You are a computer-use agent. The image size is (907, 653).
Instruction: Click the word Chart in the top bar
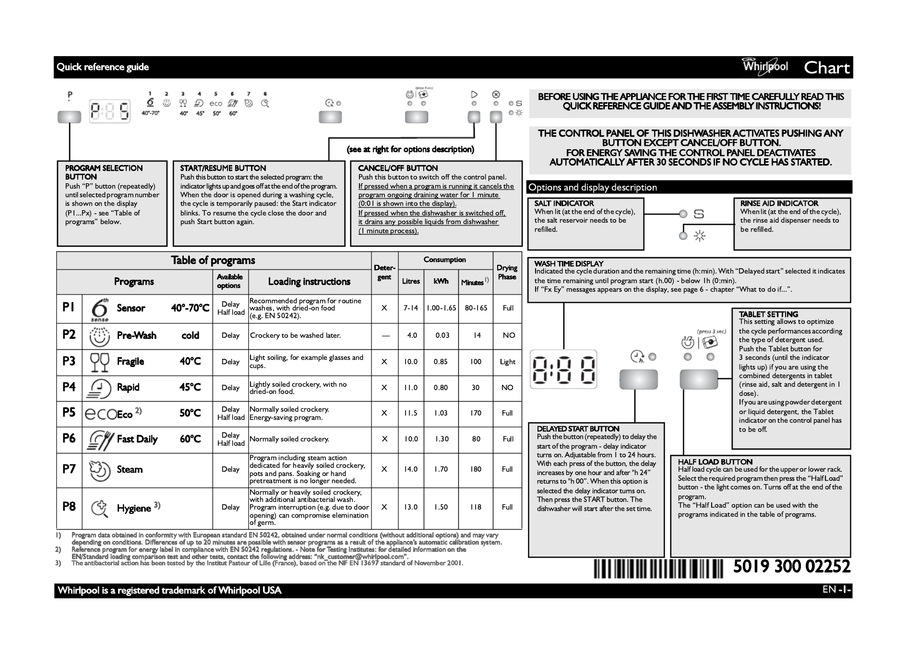coord(827,68)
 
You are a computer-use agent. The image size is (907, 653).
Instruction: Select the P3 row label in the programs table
coord(69,361)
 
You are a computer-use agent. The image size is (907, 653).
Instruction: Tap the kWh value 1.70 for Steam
coord(441,469)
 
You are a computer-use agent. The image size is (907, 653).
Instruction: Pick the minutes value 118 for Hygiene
coord(476,507)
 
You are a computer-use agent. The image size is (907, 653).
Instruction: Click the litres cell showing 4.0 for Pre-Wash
coord(412,335)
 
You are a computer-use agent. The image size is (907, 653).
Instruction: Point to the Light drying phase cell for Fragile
coord(507,362)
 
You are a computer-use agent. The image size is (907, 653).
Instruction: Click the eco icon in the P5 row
coord(100,414)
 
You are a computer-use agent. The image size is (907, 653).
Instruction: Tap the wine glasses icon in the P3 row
coord(100,362)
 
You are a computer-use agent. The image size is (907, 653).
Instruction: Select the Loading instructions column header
coord(309,282)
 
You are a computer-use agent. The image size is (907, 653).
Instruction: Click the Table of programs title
coord(213,260)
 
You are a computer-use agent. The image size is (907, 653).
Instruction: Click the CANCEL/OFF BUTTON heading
coord(398,168)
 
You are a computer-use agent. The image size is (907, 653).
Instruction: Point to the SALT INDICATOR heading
coord(564,203)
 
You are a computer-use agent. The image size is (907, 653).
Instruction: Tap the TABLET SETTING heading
coord(768,314)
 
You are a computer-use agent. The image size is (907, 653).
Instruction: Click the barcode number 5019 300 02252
coord(791,567)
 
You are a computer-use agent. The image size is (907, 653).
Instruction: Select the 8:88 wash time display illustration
coord(563,368)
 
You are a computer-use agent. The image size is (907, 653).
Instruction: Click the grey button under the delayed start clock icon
coord(638,379)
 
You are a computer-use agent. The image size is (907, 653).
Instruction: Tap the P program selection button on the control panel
coord(69,117)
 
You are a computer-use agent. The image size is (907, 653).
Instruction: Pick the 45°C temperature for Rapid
coord(190,387)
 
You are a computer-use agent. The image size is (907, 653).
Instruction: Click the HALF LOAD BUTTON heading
coord(715,462)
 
